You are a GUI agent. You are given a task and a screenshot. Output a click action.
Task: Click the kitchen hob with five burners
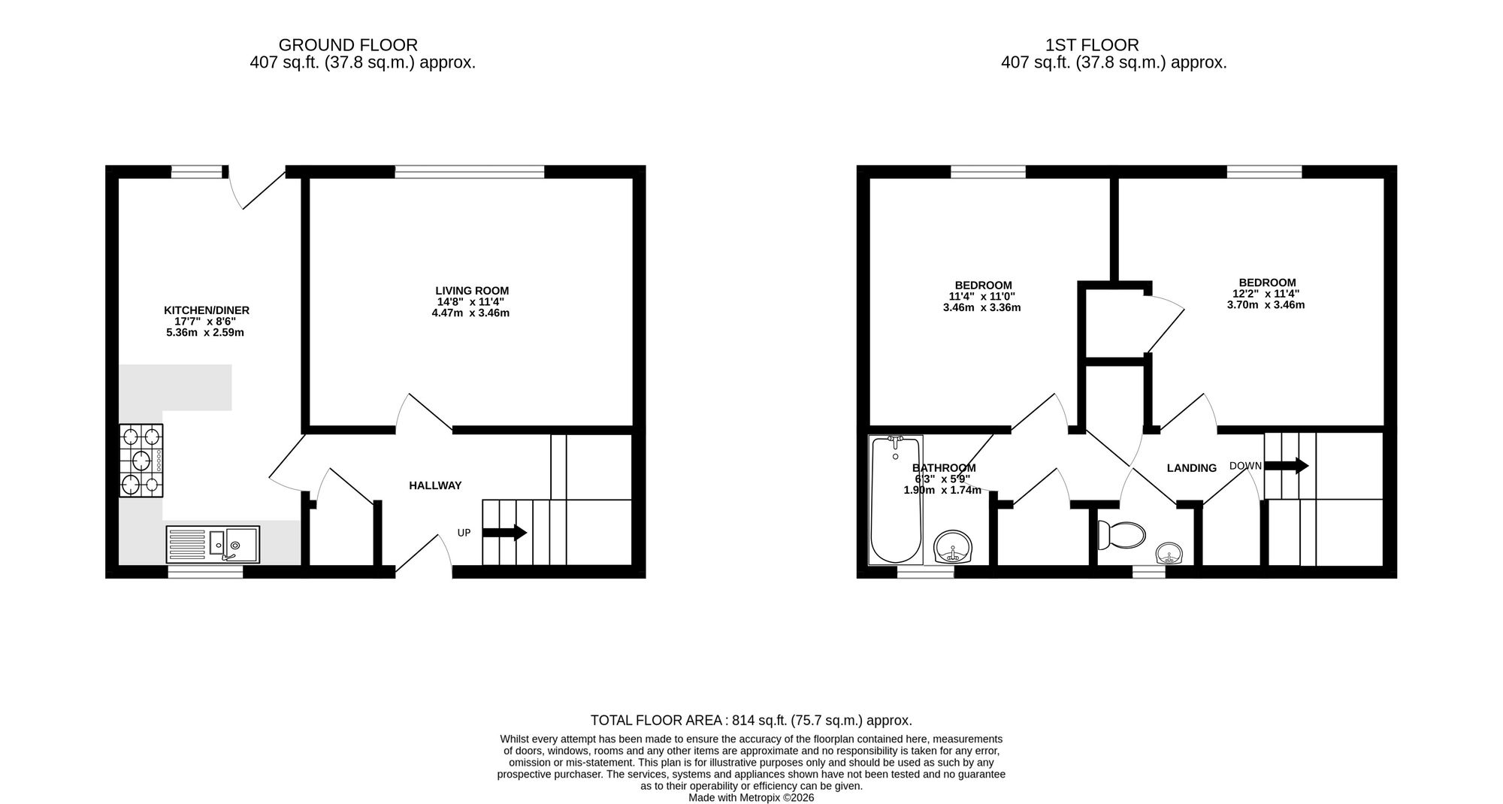click(141, 461)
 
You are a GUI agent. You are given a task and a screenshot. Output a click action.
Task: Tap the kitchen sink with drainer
click(213, 544)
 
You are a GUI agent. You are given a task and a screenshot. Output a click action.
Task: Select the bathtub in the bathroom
click(895, 500)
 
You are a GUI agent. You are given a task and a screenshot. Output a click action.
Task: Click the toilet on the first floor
click(1121, 534)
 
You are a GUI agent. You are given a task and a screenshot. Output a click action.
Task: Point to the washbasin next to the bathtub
click(953, 547)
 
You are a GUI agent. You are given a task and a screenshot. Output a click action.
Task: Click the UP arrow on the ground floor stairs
click(504, 533)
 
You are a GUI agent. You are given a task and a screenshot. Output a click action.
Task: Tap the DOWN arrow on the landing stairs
click(1287, 466)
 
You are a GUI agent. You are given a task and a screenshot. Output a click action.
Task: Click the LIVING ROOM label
click(472, 291)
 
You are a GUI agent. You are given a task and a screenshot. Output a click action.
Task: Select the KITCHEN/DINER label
click(207, 310)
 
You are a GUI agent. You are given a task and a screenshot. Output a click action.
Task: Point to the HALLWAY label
click(435, 485)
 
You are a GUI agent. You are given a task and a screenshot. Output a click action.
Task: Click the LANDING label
click(1191, 468)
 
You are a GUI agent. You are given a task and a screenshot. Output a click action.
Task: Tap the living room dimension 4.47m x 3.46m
click(470, 313)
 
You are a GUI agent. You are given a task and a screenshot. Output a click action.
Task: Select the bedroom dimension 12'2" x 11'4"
click(1266, 294)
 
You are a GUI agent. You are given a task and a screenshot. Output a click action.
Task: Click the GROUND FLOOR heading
click(348, 45)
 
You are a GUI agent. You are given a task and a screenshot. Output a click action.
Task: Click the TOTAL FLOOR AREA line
click(751, 720)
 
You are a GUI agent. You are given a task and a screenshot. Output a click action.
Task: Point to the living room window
click(470, 172)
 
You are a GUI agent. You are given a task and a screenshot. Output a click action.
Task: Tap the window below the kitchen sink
click(205, 572)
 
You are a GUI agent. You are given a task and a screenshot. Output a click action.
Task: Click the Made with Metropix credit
click(751, 798)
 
